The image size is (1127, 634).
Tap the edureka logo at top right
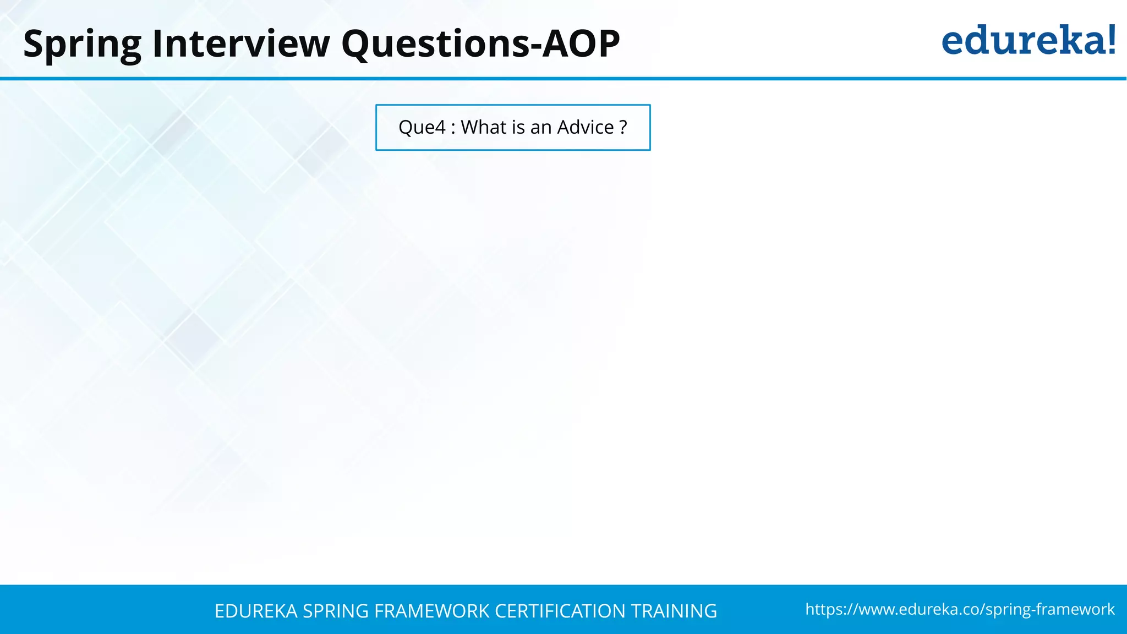pyautogui.click(x=1028, y=41)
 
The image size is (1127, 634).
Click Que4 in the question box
pyautogui.click(x=422, y=128)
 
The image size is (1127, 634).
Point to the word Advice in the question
pyautogui.click(x=586, y=128)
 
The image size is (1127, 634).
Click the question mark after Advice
pyautogui.click(x=623, y=128)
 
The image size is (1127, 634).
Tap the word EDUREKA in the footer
pyautogui.click(x=256, y=611)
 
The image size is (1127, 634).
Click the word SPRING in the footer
pyautogui.click(x=336, y=611)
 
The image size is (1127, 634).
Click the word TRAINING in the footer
pyautogui.click(x=674, y=611)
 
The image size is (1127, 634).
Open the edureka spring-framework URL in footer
pyautogui.click(x=960, y=609)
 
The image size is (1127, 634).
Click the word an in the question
pyautogui.click(x=541, y=128)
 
